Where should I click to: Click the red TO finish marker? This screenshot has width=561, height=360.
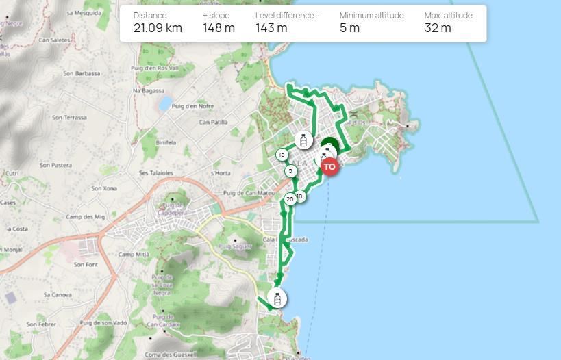click(329, 166)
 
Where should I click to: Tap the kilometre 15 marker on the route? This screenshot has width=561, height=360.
click(282, 155)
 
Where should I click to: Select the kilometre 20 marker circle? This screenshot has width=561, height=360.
click(290, 199)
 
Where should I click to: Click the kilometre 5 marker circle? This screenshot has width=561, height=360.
click(290, 171)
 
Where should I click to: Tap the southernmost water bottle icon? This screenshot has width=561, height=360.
click(277, 298)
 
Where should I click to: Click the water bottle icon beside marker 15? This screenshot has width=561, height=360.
click(303, 141)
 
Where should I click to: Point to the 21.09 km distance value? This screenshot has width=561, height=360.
click(158, 28)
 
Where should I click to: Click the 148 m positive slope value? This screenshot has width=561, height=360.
click(219, 28)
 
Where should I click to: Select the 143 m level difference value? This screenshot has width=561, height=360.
click(271, 28)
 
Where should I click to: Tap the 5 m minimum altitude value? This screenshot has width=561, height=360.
click(349, 28)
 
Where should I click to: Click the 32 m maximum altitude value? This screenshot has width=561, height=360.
click(438, 28)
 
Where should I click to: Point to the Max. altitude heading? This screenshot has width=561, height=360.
click(447, 15)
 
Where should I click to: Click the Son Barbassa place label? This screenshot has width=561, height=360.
click(82, 73)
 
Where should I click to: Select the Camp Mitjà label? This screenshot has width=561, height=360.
click(134, 255)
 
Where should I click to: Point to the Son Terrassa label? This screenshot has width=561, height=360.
click(70, 117)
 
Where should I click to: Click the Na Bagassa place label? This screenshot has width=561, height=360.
click(149, 90)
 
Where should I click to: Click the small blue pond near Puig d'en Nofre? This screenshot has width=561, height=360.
click(164, 104)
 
